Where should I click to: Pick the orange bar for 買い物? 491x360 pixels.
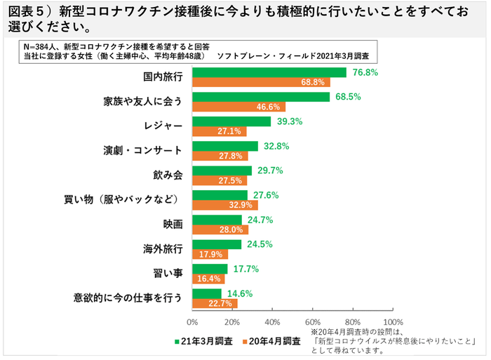225,205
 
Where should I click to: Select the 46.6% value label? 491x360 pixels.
268,107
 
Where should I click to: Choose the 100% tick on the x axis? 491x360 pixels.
390,321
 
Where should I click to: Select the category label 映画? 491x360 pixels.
173,225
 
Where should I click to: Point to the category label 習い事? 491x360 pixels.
168,274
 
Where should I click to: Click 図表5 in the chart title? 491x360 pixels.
29,13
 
